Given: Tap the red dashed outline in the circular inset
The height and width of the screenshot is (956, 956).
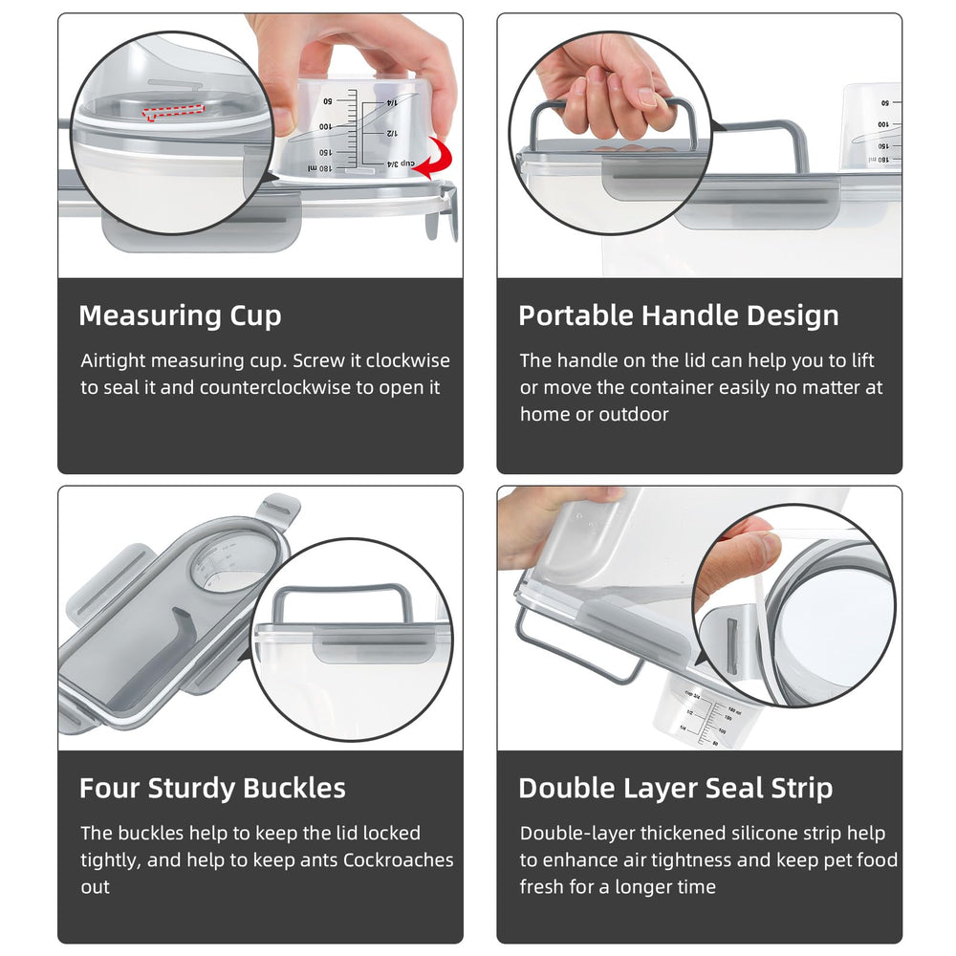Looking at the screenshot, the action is pos(174,112).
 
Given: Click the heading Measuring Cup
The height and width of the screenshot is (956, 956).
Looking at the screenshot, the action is pos(180,315).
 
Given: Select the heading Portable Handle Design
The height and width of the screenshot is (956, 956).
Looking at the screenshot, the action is pos(679,315).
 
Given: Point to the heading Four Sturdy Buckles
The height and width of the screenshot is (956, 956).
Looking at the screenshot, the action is pos(212,788).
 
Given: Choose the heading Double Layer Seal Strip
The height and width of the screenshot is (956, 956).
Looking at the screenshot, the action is pos(676,789).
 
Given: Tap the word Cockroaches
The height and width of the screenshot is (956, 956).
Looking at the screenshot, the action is pos(398,859).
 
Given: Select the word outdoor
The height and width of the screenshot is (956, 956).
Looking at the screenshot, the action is pos(634,415).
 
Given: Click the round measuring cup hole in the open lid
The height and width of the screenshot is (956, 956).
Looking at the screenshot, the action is pos(232,562).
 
